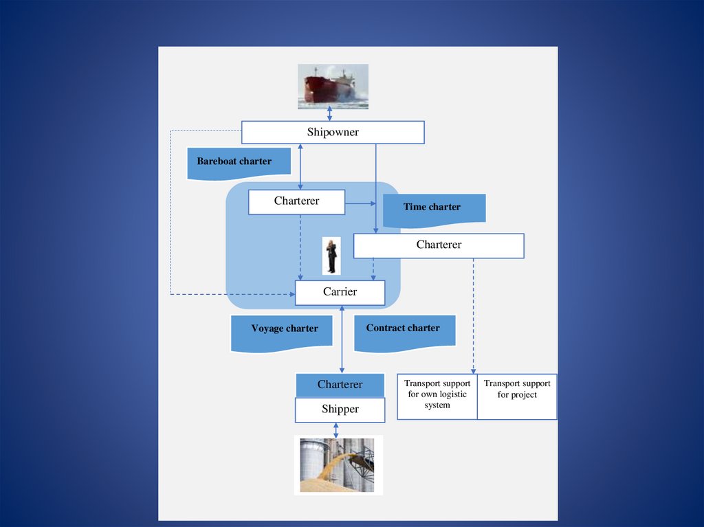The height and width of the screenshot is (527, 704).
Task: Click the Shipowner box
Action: click(x=333, y=133)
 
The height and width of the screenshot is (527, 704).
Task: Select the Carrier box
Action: click(x=340, y=292)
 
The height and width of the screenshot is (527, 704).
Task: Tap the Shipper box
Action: click(x=340, y=410)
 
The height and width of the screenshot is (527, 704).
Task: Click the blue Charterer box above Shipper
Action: click(x=340, y=385)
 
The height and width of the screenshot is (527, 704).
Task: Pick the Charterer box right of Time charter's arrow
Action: click(x=439, y=245)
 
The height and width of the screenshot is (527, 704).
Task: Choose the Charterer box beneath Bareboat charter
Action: click(x=296, y=202)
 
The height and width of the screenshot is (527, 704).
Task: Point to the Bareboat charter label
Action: click(x=234, y=162)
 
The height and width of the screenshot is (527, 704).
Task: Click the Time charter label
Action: click(x=432, y=208)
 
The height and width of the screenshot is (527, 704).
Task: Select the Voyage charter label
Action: click(x=284, y=329)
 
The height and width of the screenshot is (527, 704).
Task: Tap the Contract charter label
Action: click(x=403, y=328)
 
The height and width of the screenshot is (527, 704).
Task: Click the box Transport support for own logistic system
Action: click(x=437, y=395)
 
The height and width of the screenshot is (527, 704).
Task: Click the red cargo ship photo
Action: click(x=333, y=86)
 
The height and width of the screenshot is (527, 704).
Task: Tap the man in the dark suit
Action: click(x=331, y=256)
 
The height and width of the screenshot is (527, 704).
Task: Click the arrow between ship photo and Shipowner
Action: click(x=330, y=114)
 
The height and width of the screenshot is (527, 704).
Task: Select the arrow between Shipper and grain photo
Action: click(x=335, y=429)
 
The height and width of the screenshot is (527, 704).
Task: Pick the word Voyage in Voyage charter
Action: click(x=267, y=329)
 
